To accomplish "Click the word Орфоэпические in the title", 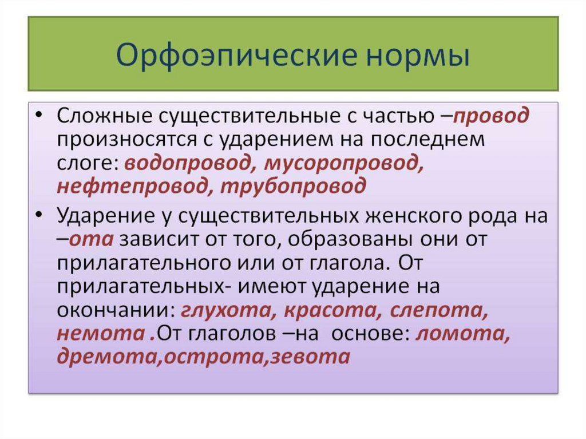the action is pos(235,56).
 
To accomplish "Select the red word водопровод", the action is pos(188,163).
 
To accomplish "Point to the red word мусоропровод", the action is pos(344,163).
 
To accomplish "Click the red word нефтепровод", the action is pos(132,186).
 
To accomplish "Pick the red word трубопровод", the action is pos(294,186).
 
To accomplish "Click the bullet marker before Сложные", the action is pos(39,114).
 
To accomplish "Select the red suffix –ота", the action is pos(85,239).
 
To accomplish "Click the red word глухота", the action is pos(228,310).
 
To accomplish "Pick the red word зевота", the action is pos(310,357).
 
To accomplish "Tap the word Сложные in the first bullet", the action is pos(105,116).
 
